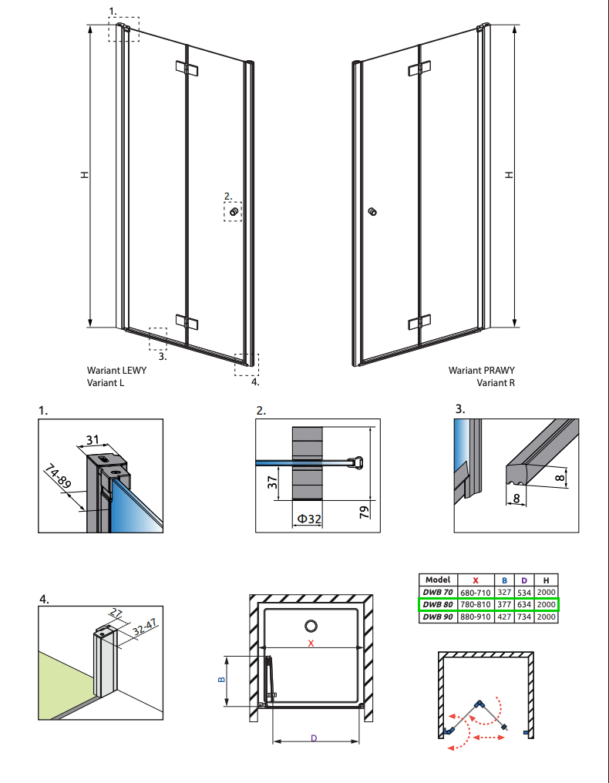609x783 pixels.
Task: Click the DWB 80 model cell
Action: [x=437, y=604]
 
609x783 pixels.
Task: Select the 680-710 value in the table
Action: [x=475, y=591]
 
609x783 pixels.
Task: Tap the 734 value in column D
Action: [x=523, y=617]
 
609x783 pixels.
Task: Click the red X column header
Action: [x=475, y=580]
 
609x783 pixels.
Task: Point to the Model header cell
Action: [x=437, y=580]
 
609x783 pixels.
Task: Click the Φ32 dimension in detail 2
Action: [x=308, y=520]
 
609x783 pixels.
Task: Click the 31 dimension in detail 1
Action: [x=93, y=440]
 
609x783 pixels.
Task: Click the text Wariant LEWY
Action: [x=117, y=370]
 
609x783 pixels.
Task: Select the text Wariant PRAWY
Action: [x=481, y=370]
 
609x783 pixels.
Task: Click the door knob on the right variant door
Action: [x=373, y=211]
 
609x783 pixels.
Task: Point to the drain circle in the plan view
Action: [x=311, y=626]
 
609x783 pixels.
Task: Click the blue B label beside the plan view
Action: [x=220, y=680]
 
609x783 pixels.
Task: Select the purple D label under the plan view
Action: [x=314, y=738]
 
